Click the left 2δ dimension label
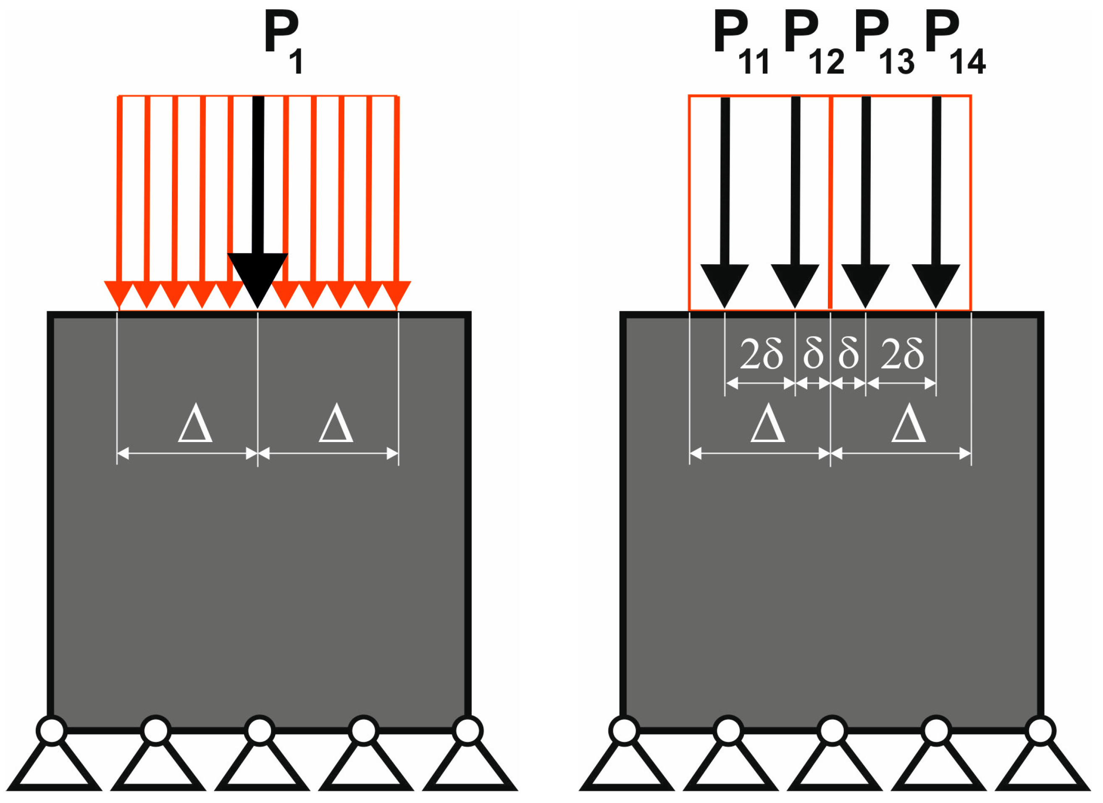coord(761,354)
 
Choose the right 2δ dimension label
coord(902,354)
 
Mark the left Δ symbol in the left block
coord(195,424)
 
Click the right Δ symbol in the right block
coord(909,424)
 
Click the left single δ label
coord(813,354)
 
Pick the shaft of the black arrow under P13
coord(866,180)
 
